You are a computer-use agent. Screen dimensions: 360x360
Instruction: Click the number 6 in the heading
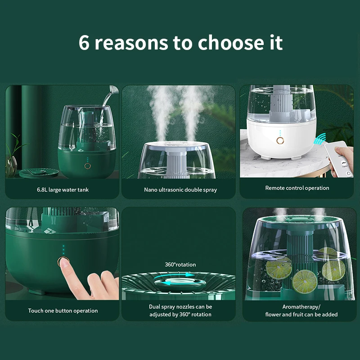coord(85,42)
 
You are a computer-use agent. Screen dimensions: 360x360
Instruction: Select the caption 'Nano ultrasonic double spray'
coord(180,190)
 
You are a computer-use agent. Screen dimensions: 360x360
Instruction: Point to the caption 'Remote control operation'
coord(297,188)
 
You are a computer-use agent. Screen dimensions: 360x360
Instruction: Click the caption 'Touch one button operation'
coord(63,311)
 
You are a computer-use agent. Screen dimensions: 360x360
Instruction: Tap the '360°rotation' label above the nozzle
coord(180,265)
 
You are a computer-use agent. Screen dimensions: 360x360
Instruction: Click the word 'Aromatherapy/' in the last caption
coord(301,306)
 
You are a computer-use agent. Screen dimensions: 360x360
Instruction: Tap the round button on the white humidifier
coord(280,141)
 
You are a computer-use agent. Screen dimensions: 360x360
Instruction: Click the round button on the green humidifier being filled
coord(87,166)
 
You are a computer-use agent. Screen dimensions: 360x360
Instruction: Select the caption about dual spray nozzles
coord(180,310)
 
